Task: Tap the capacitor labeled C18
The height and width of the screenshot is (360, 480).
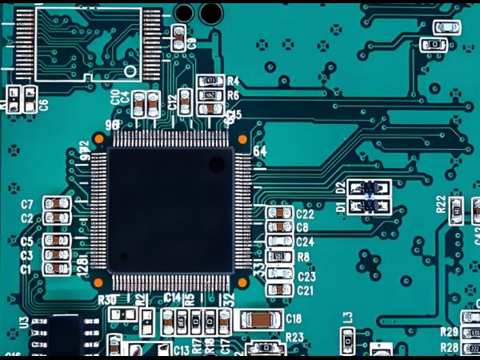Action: click(x=259, y=319)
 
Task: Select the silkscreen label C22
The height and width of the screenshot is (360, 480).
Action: click(x=305, y=214)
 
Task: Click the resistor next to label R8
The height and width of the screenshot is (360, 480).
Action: click(x=280, y=257)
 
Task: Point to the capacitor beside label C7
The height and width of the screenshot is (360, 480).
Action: click(x=56, y=204)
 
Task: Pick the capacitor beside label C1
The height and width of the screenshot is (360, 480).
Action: click(x=56, y=270)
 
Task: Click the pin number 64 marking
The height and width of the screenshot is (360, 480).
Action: click(x=259, y=151)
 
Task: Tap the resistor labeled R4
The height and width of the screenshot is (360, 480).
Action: click(x=210, y=82)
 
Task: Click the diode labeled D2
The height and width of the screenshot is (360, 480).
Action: click(x=370, y=189)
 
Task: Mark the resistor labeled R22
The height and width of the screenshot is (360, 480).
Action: click(x=456, y=210)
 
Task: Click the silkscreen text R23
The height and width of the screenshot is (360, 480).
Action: click(x=294, y=337)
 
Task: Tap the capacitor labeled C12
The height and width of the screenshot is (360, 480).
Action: click(x=185, y=101)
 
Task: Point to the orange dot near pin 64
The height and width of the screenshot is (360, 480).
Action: click(x=242, y=139)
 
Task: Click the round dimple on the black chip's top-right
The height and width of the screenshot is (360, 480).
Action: click(x=217, y=164)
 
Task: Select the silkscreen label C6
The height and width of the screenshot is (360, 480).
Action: click(x=43, y=104)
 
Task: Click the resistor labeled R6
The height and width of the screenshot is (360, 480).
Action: click(x=210, y=95)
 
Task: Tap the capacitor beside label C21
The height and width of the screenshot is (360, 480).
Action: click(x=280, y=290)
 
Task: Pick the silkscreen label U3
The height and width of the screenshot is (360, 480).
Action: click(x=23, y=324)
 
